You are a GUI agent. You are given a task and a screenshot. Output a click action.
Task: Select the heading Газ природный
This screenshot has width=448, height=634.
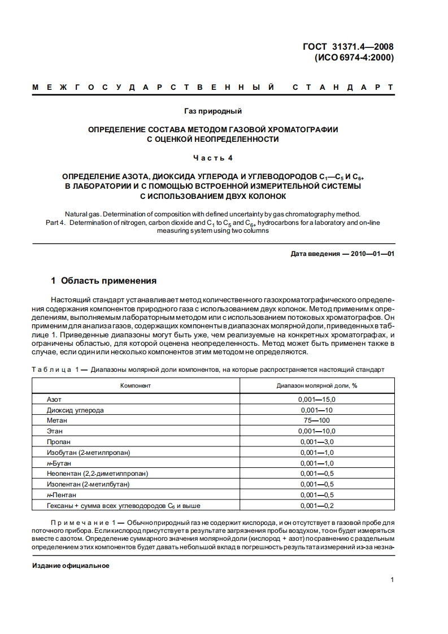coord(213,111)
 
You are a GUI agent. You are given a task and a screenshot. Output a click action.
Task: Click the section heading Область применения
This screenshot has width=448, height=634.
coord(103,281)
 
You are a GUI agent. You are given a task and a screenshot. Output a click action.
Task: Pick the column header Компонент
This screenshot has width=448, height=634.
coord(136,385)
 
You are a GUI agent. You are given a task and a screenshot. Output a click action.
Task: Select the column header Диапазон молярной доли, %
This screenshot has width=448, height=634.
coord(317,385)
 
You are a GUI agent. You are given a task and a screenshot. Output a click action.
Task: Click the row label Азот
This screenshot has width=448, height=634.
coord(54,399)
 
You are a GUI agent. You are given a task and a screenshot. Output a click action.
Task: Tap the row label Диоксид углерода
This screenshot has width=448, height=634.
coord(75,410)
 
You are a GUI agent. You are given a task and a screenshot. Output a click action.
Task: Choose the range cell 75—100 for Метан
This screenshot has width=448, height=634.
coord(317,420)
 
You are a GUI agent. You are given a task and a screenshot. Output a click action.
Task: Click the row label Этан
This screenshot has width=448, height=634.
coord(55,431)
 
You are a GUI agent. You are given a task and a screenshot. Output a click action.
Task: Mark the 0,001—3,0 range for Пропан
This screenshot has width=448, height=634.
coord(317,441)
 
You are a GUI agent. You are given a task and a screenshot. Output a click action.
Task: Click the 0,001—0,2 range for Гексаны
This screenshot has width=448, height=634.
coord(317,505)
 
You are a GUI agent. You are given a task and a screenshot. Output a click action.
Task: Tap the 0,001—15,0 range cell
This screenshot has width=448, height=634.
coord(317,399)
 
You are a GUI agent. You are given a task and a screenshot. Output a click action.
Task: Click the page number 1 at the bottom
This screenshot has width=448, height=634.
coord(392,580)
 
